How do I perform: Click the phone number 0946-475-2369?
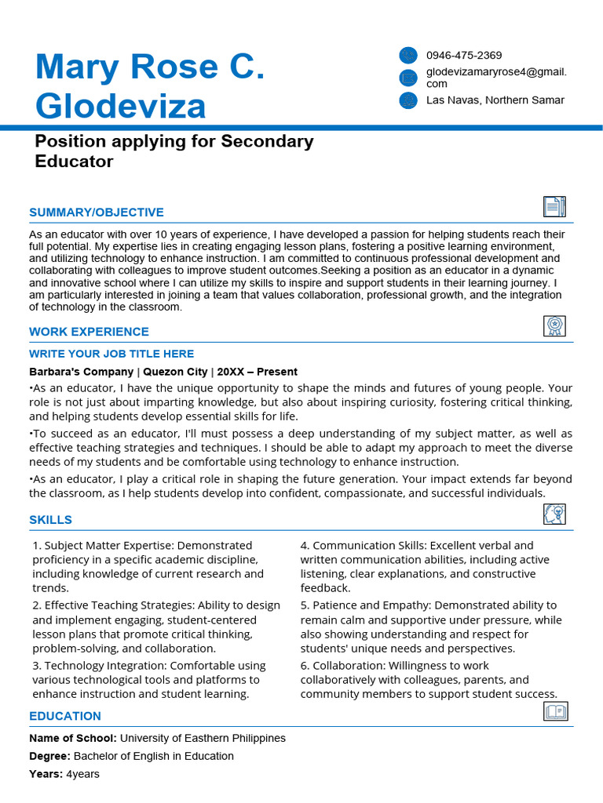(x=464, y=56)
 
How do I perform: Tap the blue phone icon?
(x=408, y=55)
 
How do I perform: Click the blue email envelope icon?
(x=408, y=77)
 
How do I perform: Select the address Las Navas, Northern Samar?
(x=495, y=100)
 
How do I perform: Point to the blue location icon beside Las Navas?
(x=408, y=100)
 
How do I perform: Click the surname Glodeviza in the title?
(x=121, y=106)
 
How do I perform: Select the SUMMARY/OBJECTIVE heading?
(x=97, y=213)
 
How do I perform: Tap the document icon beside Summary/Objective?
(x=554, y=206)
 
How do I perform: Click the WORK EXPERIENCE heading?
(x=89, y=332)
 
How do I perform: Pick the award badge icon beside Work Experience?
(x=554, y=326)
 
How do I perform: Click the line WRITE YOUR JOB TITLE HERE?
(x=111, y=354)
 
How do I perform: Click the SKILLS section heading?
(x=50, y=520)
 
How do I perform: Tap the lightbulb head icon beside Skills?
(x=554, y=514)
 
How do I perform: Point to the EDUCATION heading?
(x=65, y=716)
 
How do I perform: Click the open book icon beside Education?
(x=555, y=711)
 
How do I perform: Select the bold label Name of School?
(x=73, y=739)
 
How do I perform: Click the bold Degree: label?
(x=49, y=757)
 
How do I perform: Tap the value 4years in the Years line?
(x=82, y=774)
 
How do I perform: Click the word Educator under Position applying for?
(x=75, y=162)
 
